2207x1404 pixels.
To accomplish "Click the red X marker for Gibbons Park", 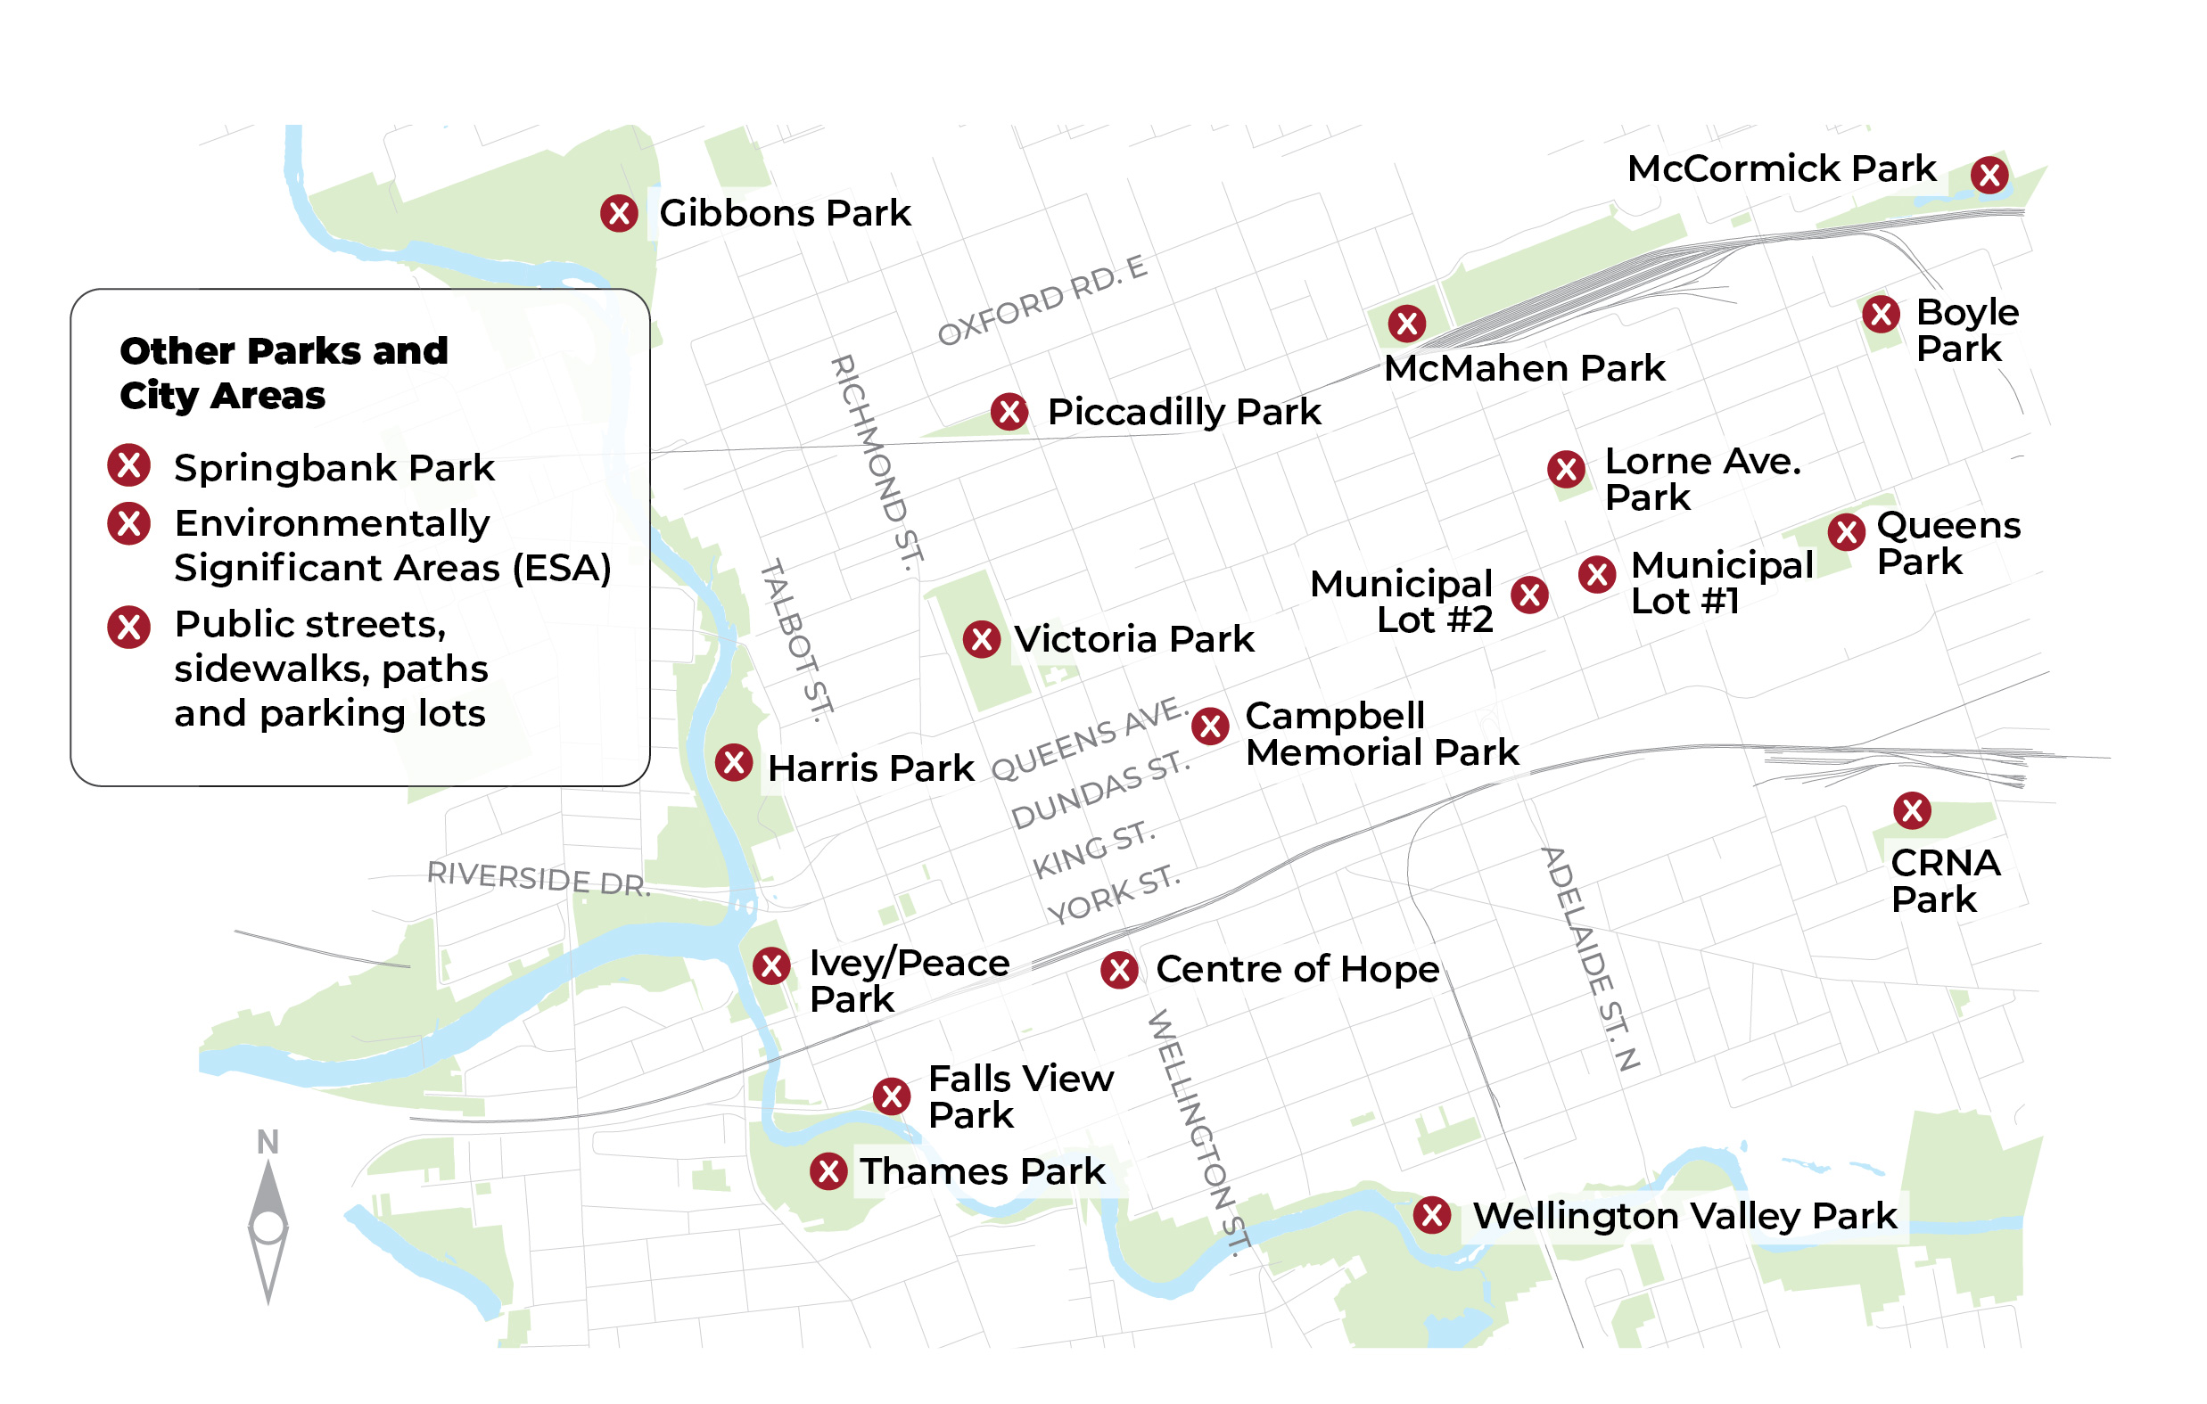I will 620,214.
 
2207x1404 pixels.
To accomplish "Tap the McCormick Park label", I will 1781,169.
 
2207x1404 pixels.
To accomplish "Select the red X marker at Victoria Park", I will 982,640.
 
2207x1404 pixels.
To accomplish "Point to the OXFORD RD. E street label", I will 1042,301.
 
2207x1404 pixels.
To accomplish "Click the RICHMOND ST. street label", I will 877,464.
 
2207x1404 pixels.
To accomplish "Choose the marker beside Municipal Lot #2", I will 1529,595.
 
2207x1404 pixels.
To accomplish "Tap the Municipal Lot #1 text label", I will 1721,584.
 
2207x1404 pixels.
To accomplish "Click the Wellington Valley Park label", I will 1684,1217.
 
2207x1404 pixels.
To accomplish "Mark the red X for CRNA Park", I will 1912,810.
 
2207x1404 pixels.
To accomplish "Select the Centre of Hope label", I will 1297,970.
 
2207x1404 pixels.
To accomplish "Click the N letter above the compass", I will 268,1143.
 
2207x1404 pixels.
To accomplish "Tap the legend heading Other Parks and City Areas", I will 284,373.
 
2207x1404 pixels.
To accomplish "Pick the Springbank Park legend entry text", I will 334,468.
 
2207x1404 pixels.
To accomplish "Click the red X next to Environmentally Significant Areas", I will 129,524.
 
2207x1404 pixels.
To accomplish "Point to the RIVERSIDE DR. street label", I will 539,878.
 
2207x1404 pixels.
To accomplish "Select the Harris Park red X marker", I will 734,762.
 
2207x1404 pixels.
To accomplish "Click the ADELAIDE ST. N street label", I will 1590,958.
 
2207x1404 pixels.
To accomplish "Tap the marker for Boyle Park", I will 1881,315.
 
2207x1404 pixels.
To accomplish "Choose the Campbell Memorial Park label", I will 1381,734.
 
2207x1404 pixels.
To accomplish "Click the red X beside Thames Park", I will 828,1171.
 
